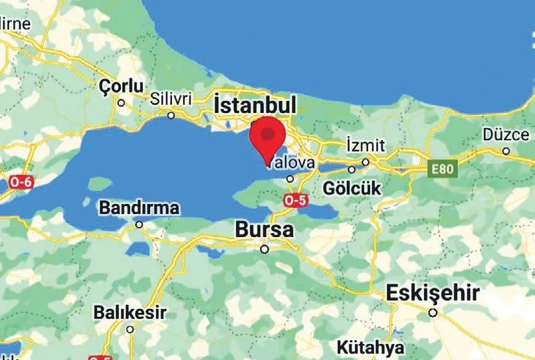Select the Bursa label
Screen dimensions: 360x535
265,230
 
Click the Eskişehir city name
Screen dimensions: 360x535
434,292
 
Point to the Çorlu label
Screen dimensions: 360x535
120,86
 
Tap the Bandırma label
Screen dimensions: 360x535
139,208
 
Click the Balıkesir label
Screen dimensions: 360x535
130,312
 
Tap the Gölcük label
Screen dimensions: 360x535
352,188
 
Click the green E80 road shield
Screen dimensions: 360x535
441,169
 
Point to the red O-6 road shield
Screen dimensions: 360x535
21,181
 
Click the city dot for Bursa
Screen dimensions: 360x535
265,250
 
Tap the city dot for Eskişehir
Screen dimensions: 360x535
433,312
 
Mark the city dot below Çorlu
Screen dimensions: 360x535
121,103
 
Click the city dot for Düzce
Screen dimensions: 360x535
506,151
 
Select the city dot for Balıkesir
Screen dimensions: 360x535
130,329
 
